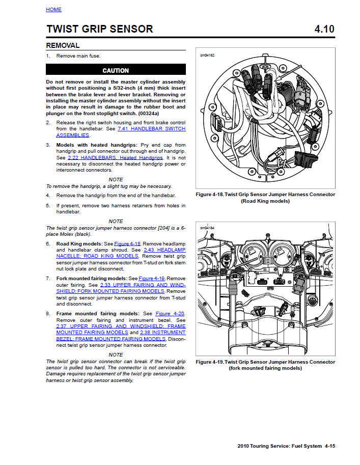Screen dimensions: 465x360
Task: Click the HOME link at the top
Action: point(53,10)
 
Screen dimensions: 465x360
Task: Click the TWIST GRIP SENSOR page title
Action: point(99,29)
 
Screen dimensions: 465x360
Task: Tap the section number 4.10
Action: point(324,29)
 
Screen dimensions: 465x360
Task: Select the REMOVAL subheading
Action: point(63,45)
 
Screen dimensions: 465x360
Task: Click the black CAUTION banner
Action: point(116,70)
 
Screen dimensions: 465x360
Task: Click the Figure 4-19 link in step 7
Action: point(152,279)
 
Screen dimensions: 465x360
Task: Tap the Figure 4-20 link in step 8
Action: point(170,314)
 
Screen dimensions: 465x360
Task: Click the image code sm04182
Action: point(207,54)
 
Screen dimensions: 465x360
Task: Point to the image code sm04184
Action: point(207,228)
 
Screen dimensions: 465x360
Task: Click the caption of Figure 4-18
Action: point(265,198)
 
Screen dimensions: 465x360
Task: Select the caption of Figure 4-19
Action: point(265,365)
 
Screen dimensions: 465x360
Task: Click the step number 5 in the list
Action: point(48,206)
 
